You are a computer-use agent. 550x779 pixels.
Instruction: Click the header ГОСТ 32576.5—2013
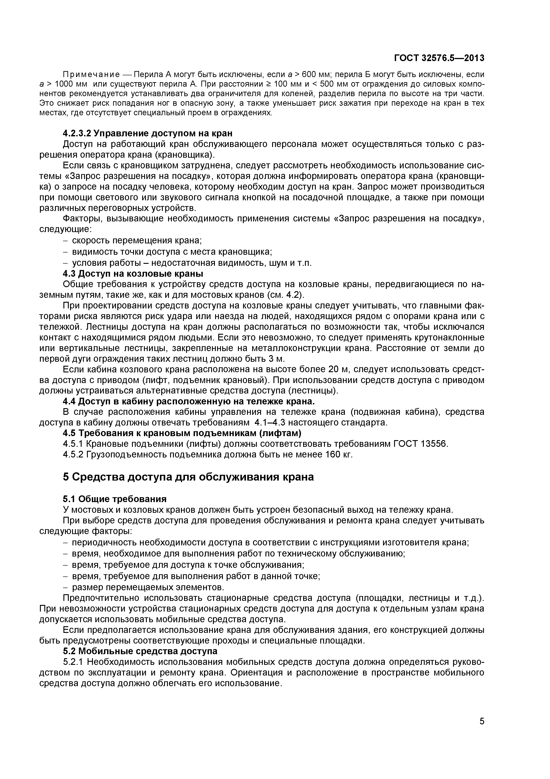tap(439, 58)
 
